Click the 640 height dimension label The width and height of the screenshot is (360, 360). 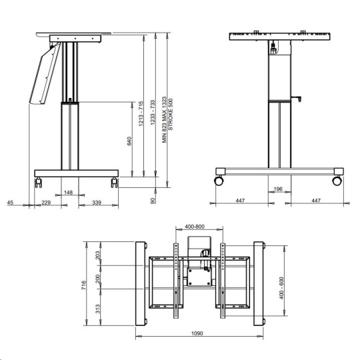point(129,141)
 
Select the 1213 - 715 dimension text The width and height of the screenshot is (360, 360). point(141,113)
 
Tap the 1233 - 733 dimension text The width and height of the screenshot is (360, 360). point(153,113)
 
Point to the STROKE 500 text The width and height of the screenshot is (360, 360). point(171,115)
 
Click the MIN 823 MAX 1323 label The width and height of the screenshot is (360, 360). point(164,119)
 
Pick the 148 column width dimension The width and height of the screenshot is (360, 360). point(68,192)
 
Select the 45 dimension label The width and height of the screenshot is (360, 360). point(10,203)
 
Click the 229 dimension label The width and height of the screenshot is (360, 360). point(46,203)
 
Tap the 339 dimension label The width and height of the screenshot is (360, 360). point(97,203)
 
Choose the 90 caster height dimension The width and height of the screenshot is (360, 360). point(153,201)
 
